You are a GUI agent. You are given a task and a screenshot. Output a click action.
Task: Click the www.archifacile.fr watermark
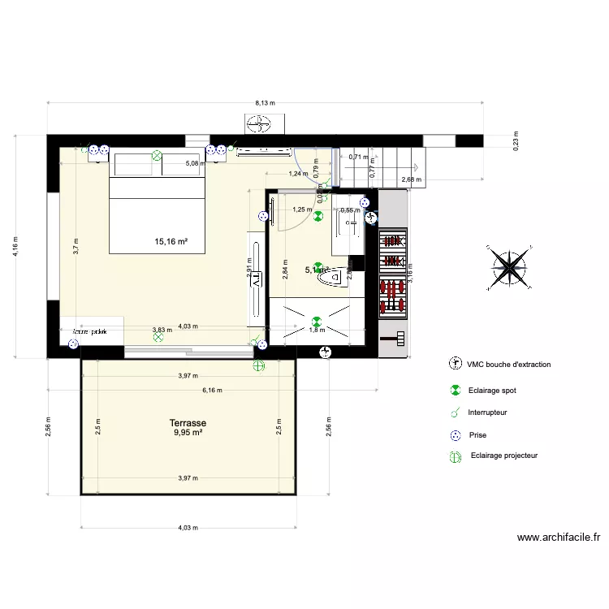[x=559, y=538]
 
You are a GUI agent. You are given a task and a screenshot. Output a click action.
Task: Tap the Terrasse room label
[x=188, y=423]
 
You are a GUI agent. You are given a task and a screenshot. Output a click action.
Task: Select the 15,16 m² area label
[x=171, y=241]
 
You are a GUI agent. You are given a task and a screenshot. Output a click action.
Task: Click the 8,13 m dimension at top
[x=265, y=103]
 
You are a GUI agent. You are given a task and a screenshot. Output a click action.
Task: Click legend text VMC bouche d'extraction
[x=508, y=365]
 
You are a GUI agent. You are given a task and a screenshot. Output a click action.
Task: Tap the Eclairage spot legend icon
[x=456, y=391]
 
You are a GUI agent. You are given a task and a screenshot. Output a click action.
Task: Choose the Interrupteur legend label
[x=488, y=412]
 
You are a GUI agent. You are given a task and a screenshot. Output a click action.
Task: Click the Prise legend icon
[x=456, y=435]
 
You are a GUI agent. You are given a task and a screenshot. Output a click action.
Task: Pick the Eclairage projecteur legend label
[x=503, y=456]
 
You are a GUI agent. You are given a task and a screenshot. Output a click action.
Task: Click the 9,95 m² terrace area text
[x=188, y=433]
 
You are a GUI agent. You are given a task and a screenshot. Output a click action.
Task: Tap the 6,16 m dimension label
[x=211, y=391]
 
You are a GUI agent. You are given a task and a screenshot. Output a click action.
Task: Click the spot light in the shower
[x=317, y=320]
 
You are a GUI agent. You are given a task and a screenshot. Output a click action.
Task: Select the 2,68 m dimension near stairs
[x=410, y=179]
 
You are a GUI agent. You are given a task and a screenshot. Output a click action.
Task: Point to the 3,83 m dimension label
[x=162, y=330]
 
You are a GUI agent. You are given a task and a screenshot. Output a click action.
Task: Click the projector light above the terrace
[x=258, y=366]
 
